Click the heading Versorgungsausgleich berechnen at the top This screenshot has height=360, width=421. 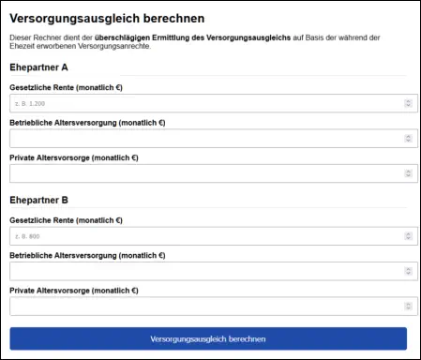click(107, 18)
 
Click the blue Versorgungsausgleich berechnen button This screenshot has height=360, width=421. click(208, 338)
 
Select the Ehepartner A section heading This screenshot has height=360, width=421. click(39, 67)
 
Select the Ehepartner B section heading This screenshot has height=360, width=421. click(39, 200)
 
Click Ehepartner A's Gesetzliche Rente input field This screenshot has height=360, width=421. click(202, 103)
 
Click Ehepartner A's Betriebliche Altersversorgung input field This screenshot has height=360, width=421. click(202, 139)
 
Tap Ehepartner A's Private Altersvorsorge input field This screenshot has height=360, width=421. click(202, 173)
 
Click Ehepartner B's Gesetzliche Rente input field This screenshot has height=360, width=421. click(202, 236)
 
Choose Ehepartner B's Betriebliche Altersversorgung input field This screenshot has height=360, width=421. click(202, 271)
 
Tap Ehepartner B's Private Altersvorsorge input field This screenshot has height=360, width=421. click(202, 306)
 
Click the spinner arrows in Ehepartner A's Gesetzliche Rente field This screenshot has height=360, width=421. click(408, 103)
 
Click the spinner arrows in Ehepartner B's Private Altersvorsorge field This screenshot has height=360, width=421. click(408, 306)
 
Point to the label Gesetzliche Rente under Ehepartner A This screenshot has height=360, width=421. click(66, 87)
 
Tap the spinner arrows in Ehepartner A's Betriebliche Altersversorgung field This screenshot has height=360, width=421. click(408, 139)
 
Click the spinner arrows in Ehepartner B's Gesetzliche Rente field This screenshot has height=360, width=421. click(408, 236)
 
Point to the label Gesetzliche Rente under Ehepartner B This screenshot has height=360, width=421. click(66, 220)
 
